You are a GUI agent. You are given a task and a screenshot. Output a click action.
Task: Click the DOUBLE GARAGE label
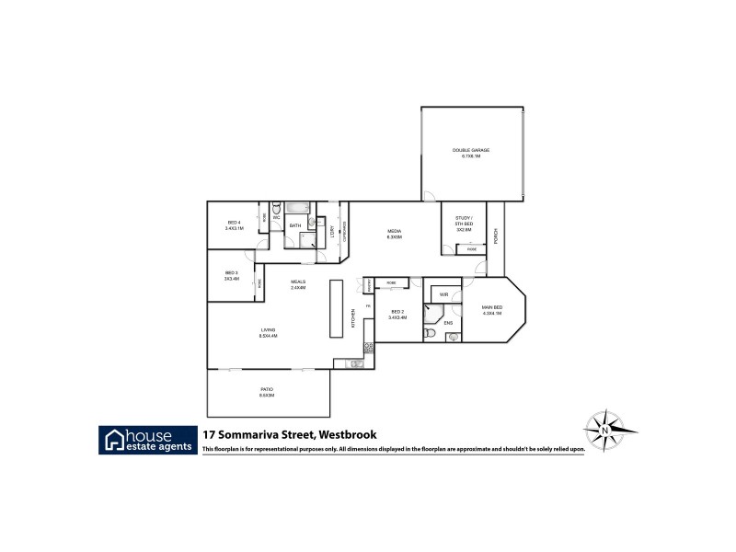(x=470, y=153)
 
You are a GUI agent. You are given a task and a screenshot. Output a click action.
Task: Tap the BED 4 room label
(x=234, y=224)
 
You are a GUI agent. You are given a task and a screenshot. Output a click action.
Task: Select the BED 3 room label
(x=231, y=275)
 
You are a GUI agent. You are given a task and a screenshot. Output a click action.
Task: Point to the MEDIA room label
(x=394, y=234)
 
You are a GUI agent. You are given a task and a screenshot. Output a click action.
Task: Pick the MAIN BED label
(x=492, y=310)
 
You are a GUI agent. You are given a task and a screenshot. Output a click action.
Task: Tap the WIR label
(x=443, y=295)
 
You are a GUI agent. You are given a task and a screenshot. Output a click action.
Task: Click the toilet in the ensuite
(x=452, y=337)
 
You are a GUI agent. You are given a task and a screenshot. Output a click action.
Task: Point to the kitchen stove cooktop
(x=368, y=348)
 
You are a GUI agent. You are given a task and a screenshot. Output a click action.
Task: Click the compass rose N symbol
(x=604, y=430)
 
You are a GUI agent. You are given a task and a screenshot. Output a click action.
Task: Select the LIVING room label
(x=268, y=332)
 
